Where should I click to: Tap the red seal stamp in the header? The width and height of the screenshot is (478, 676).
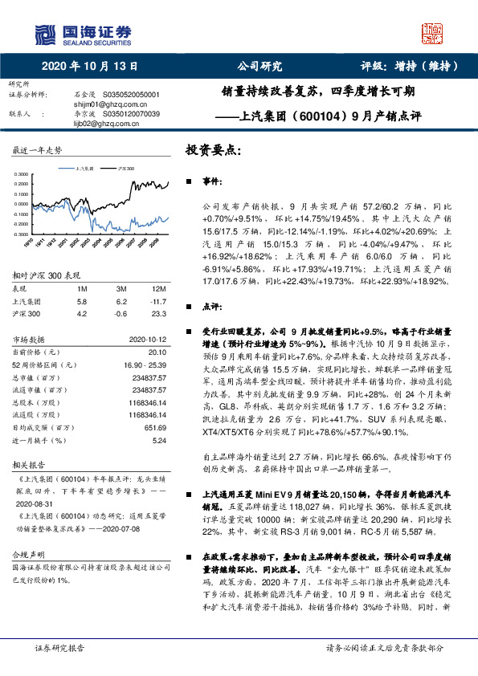(x=433, y=33)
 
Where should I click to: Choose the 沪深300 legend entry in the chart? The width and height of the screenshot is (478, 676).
(x=125, y=169)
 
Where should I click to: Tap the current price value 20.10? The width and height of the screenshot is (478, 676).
(x=157, y=352)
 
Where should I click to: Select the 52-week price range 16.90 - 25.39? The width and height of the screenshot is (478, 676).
(x=145, y=364)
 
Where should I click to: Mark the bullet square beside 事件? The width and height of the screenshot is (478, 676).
(x=190, y=184)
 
